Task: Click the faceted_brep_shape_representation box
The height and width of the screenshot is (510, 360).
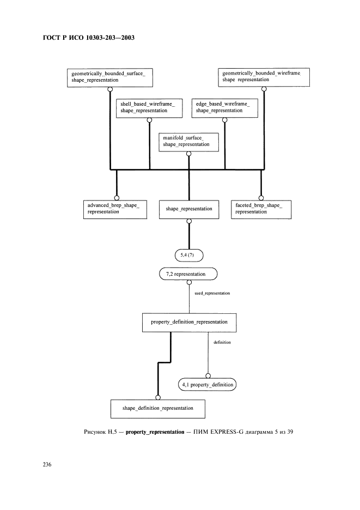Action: click(x=260, y=209)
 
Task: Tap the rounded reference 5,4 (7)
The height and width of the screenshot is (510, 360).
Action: click(x=189, y=254)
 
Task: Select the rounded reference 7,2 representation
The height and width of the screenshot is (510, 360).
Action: click(x=189, y=274)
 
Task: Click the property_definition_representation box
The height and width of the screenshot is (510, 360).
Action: click(x=189, y=322)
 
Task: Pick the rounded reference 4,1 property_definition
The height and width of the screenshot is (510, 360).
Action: click(x=208, y=385)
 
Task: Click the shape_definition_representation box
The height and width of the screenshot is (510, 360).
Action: click(x=157, y=408)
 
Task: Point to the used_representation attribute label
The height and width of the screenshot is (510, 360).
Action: click(x=212, y=293)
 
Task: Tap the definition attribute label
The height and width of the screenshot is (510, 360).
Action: click(x=222, y=343)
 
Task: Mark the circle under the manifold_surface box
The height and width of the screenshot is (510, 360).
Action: click(x=189, y=154)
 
